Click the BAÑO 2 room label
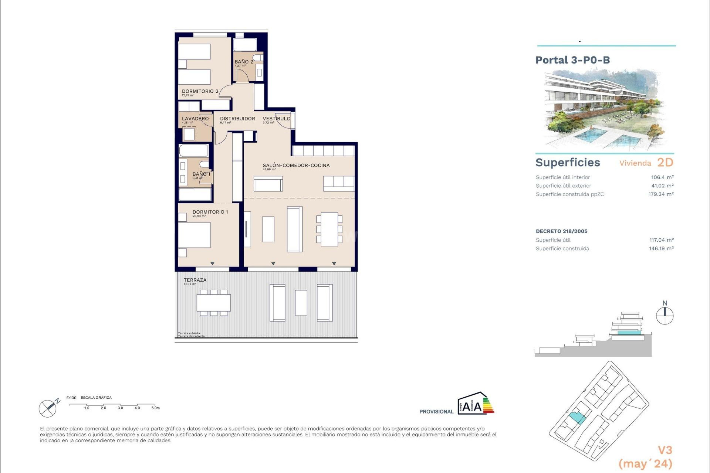pyautogui.click(x=244, y=62)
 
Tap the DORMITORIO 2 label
pyautogui.click(x=200, y=91)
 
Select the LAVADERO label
pyautogui.click(x=195, y=119)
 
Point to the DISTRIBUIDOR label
pyautogui.click(x=237, y=119)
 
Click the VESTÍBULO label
pyautogui.click(x=276, y=119)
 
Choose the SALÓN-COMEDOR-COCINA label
pyautogui.click(x=296, y=165)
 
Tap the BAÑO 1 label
pyautogui.click(x=201, y=174)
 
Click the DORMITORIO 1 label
pyautogui.click(x=210, y=212)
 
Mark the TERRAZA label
pyautogui.click(x=195, y=280)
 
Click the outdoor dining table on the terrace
pyautogui.click(x=213, y=303)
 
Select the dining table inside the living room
pyautogui.click(x=329, y=229)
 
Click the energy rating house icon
pyautogui.click(x=476, y=404)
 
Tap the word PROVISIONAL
pyautogui.click(x=436, y=412)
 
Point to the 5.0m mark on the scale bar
pyautogui.click(x=155, y=408)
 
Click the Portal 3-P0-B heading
pyautogui.click(x=572, y=60)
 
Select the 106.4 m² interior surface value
pyautogui.click(x=662, y=177)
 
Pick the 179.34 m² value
pyautogui.click(x=660, y=194)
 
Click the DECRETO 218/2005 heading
pyautogui.click(x=561, y=231)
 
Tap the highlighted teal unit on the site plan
pyautogui.click(x=577, y=418)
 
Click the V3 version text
pyautogui.click(x=665, y=450)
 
